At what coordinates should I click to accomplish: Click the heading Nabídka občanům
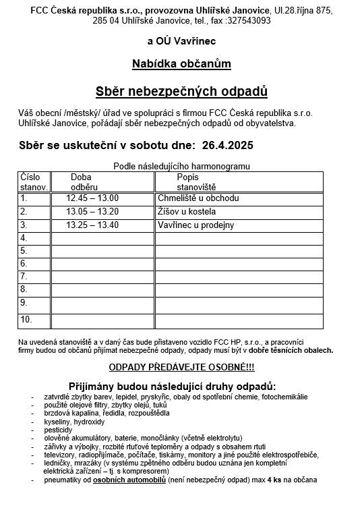tap(181, 64)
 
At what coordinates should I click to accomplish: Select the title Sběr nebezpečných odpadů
tap(181, 91)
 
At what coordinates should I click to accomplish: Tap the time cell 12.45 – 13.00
tap(92, 198)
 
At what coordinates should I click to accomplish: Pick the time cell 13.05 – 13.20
tap(92, 212)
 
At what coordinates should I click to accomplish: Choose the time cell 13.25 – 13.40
tap(92, 225)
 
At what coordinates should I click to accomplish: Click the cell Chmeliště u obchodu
tap(198, 198)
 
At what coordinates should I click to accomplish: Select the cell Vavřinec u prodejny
tap(196, 225)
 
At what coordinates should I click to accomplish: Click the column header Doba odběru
tap(85, 181)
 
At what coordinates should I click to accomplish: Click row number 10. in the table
tap(26, 319)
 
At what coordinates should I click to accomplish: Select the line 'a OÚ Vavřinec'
tap(181, 42)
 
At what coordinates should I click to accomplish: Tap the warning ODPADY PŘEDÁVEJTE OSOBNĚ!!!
tap(181, 368)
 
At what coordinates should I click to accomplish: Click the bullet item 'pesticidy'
tap(59, 430)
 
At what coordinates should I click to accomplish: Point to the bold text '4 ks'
tap(274, 480)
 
